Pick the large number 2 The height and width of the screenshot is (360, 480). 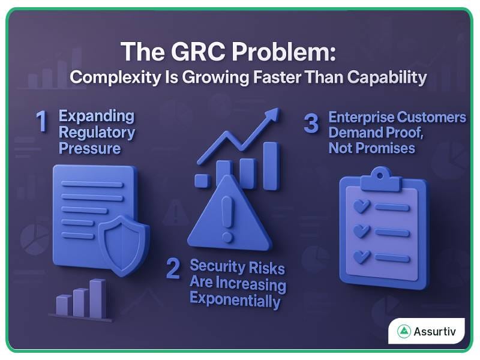click(173, 269)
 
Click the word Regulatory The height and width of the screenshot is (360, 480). click(97, 132)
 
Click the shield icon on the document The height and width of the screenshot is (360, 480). click(124, 241)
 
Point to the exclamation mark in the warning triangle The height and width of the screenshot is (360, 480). click(227, 215)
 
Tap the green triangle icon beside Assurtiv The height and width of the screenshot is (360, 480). click(404, 331)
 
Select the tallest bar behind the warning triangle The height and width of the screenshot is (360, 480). click(271, 166)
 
